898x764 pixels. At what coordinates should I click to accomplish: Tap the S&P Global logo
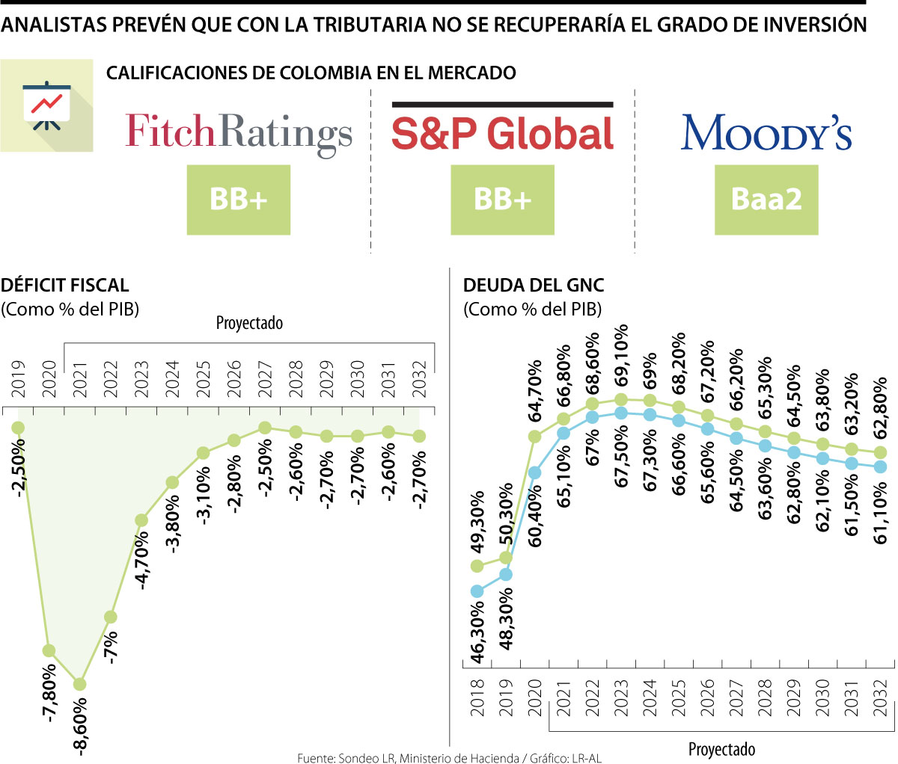pos(502,132)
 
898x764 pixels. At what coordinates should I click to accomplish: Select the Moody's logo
pos(766,133)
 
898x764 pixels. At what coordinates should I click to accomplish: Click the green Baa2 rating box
pos(766,200)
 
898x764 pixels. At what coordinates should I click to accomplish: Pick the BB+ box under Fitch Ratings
pos(239,200)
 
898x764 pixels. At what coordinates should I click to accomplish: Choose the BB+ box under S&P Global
pos(502,200)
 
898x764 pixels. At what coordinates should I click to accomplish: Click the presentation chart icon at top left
pos(46,105)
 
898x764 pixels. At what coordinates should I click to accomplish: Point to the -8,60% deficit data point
pos(79,684)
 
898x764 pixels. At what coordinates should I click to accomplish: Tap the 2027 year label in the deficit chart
pos(265,379)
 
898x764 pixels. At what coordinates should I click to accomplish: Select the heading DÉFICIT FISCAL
pos(65,285)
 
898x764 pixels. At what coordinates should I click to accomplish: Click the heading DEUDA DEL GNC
pos(534,285)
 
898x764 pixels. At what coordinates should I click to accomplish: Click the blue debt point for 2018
pos(477,591)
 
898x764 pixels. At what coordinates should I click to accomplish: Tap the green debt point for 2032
pos(881,452)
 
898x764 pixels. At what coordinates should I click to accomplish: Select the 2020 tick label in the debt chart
pos(535,697)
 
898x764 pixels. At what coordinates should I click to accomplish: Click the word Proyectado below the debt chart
pos(721,749)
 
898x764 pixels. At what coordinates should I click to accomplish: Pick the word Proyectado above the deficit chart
pos(249,323)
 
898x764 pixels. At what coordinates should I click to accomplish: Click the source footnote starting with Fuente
pos(449,758)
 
